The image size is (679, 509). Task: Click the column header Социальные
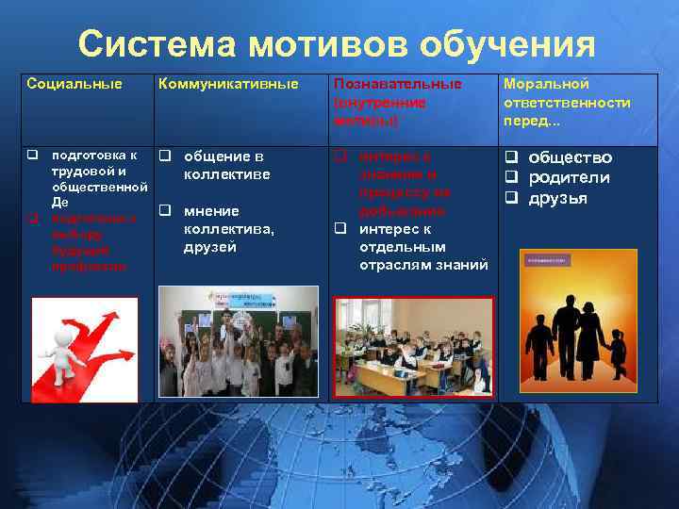75,84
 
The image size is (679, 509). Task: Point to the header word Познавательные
397,84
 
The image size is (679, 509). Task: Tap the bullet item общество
570,157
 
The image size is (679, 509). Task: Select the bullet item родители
569,177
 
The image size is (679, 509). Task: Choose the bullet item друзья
557,198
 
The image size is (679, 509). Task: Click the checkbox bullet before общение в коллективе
164,156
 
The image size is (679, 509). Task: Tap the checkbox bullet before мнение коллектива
164,210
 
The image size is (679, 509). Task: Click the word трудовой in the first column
82,171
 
